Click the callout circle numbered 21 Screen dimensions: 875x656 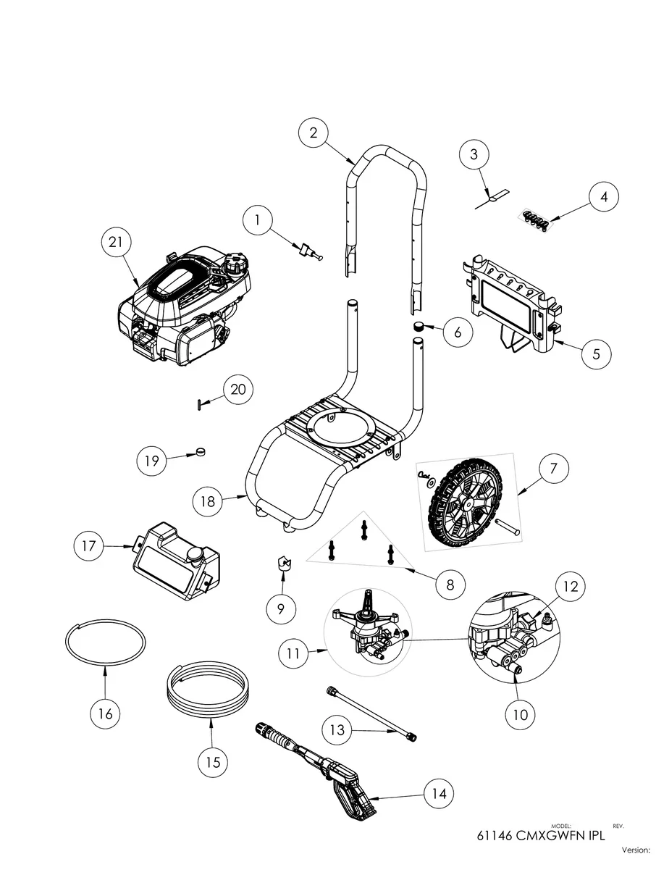[x=115, y=243]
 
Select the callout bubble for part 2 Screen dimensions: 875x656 [x=313, y=133]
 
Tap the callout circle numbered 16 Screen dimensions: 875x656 [x=105, y=713]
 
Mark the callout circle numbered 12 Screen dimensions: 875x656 [x=571, y=586]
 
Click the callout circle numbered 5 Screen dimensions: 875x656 [x=596, y=354]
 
